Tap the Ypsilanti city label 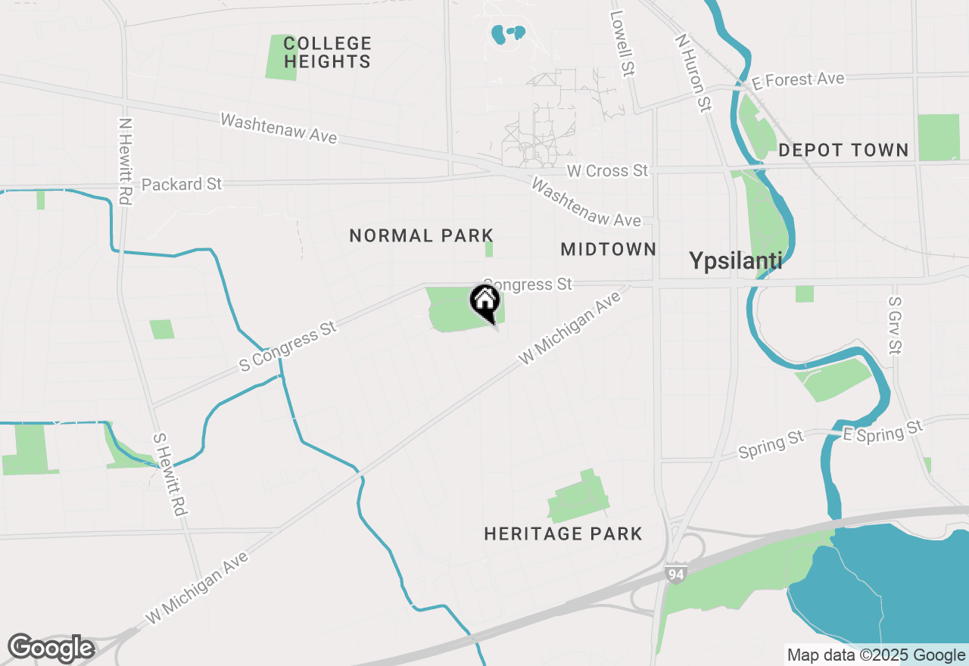(x=735, y=261)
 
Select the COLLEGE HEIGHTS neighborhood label (x=328, y=52)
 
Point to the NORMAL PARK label (x=421, y=236)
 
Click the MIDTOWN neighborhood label (x=608, y=249)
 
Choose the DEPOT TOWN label (x=843, y=150)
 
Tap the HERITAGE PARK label (x=562, y=534)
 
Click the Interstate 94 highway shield (x=676, y=574)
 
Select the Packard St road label (x=182, y=184)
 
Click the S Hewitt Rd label (x=169, y=474)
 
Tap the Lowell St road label (x=623, y=43)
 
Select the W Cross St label (x=607, y=171)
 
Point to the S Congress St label (x=288, y=347)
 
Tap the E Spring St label (x=883, y=432)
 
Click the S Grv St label (x=896, y=325)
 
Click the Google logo (x=51, y=649)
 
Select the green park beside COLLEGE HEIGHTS (x=281, y=56)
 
